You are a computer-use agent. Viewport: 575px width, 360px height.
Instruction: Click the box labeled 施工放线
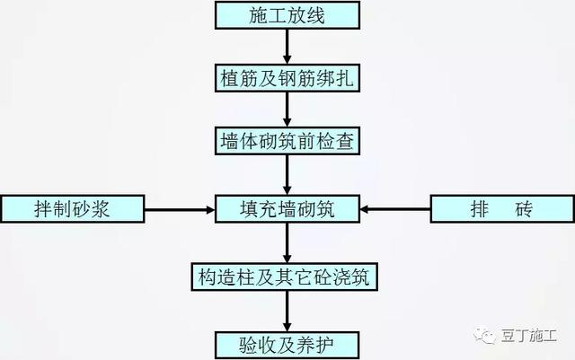(x=287, y=15)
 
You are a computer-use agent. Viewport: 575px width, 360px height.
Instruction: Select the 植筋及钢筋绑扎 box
(x=287, y=78)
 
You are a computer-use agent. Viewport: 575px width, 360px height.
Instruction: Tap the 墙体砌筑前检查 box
(x=287, y=141)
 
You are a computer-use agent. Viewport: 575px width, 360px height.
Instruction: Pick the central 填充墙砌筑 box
(x=287, y=209)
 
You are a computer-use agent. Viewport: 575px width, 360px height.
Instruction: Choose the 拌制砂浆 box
(x=73, y=209)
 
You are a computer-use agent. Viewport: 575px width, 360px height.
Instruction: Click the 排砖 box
(x=502, y=209)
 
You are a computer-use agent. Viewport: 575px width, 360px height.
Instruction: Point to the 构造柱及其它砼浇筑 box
(x=284, y=277)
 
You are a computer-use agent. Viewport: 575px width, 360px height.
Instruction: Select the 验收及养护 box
(x=287, y=345)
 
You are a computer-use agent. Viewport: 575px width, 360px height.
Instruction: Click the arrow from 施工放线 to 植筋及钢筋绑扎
(x=287, y=47)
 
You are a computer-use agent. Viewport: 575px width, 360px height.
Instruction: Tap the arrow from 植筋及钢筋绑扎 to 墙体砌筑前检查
(x=287, y=110)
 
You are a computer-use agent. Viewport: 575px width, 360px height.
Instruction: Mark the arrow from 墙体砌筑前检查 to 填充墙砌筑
(x=287, y=175)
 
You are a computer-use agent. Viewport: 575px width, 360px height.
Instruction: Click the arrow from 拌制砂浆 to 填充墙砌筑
(x=180, y=210)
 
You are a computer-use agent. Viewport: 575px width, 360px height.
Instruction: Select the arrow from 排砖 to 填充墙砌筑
(x=395, y=209)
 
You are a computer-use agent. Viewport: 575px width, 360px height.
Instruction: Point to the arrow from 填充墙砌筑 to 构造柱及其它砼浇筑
(x=287, y=242)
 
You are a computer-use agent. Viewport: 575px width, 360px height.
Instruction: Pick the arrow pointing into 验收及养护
(x=287, y=312)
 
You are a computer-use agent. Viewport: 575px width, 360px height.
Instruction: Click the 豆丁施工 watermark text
(x=529, y=336)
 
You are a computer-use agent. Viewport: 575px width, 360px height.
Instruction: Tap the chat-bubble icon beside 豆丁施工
(x=484, y=336)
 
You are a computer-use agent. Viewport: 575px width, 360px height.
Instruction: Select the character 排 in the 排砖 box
(x=480, y=209)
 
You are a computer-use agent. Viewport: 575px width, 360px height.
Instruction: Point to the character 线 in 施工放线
(x=315, y=16)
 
